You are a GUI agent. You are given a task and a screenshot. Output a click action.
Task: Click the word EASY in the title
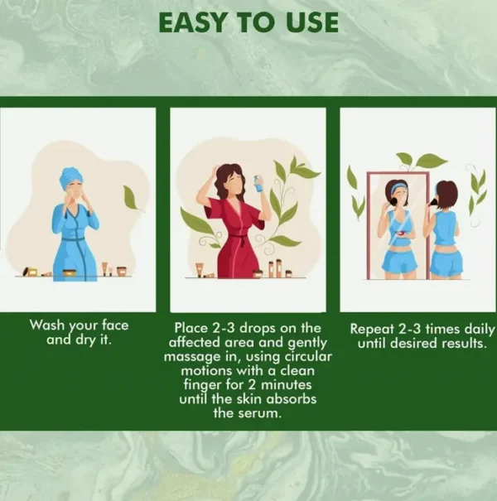click(191, 22)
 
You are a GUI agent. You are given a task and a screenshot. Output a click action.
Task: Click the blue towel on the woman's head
click(70, 176)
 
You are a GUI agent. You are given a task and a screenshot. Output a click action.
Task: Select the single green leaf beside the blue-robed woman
click(132, 198)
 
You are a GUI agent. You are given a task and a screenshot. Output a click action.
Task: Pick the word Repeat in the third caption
click(372, 330)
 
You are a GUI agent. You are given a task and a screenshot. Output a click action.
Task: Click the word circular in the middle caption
click(308, 356)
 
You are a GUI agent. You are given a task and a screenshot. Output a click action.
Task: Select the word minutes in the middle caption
click(287, 384)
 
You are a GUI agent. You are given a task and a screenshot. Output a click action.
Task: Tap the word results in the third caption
click(465, 344)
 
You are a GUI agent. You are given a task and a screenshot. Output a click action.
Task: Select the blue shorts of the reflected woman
click(399, 260)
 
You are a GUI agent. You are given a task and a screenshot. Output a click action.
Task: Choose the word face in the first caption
click(115, 325)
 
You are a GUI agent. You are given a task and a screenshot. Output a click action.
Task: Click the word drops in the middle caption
click(258, 328)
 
